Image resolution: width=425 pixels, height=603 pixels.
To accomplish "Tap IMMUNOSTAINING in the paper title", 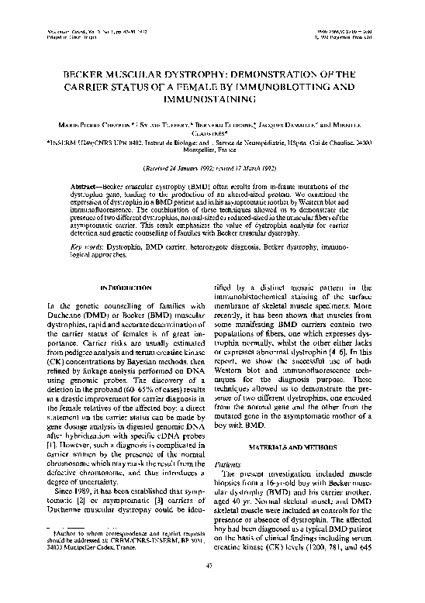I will pos(212,100).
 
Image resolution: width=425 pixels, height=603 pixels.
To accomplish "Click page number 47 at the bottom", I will pos(212,587).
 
